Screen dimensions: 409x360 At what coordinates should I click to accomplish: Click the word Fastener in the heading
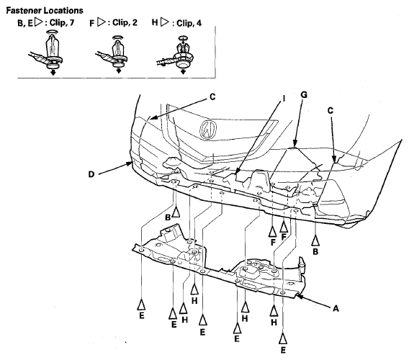coord(24,10)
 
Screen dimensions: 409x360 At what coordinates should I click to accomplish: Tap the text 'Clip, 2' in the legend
coord(125,22)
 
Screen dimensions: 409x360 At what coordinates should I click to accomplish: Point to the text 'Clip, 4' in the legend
coord(189,23)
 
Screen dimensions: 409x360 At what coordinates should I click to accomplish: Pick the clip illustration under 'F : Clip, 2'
coord(114,54)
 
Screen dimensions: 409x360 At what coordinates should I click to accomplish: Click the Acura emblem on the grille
coord(208,130)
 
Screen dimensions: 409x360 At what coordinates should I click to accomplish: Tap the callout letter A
coord(336,309)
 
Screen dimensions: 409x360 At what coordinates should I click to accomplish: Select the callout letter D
coord(91,174)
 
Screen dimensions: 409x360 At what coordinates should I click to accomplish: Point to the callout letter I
coord(284,99)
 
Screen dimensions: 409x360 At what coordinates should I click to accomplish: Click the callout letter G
coord(304,95)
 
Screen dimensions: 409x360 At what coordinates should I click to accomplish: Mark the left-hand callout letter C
coord(212,96)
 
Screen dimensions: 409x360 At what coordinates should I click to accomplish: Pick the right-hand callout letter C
coord(331,111)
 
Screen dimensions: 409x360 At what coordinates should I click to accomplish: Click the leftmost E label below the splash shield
coord(142,315)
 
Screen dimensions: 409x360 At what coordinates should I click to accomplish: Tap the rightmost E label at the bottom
coord(283,350)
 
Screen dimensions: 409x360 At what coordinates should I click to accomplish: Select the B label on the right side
coord(315,251)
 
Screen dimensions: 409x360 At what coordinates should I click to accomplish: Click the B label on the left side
coord(168,217)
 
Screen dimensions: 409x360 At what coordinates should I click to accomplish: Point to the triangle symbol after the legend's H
coord(164,22)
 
